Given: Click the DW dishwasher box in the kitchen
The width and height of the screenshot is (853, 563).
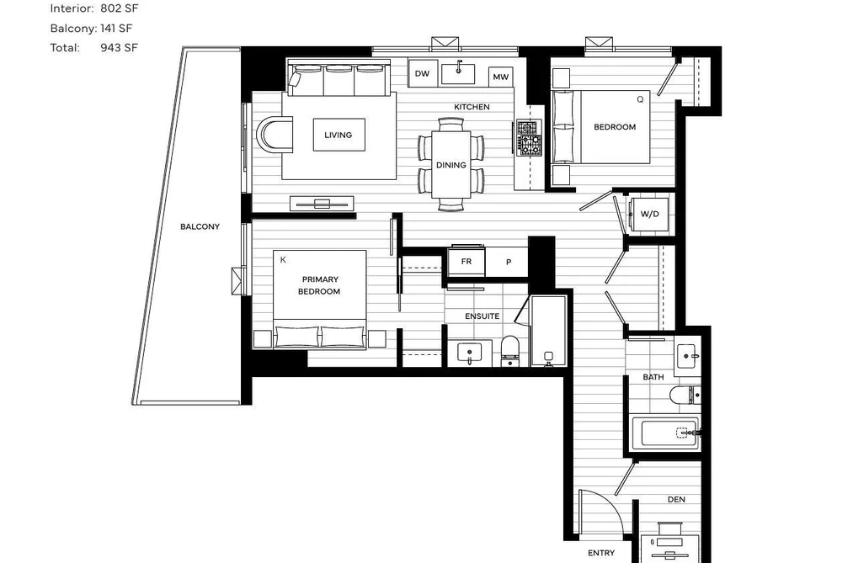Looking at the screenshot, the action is point(422,73).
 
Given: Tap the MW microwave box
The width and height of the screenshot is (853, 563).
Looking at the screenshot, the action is point(500,77).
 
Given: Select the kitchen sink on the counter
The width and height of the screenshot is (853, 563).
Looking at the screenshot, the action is point(458,73).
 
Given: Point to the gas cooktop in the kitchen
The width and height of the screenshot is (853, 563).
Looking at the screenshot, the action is point(529,137).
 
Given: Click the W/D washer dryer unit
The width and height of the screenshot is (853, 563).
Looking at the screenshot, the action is point(649,214).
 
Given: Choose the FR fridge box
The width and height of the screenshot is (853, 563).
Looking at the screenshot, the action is point(466,262).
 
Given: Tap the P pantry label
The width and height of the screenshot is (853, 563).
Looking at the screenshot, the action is point(509,262).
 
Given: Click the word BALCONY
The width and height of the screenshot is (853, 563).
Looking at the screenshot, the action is point(200,226).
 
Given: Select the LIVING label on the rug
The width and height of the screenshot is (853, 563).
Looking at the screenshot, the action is point(339,135).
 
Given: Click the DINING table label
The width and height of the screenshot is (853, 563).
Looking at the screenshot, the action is point(451,165).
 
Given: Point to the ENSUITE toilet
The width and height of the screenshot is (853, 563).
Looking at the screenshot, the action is point(510,351).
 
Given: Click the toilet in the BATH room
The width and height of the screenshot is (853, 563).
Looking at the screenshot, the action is point(685,395).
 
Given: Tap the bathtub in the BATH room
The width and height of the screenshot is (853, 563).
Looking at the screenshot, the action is point(664,433).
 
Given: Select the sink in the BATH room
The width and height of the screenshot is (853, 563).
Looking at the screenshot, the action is point(688,356).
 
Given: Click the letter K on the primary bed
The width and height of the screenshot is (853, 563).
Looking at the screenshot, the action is point(283,260).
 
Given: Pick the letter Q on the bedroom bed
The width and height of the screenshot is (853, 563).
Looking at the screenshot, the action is point(640,99).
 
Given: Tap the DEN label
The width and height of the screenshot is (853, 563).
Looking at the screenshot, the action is point(676,499).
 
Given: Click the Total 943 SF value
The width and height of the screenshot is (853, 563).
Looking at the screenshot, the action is point(119,47).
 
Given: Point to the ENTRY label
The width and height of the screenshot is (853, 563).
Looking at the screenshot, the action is point(601,553).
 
